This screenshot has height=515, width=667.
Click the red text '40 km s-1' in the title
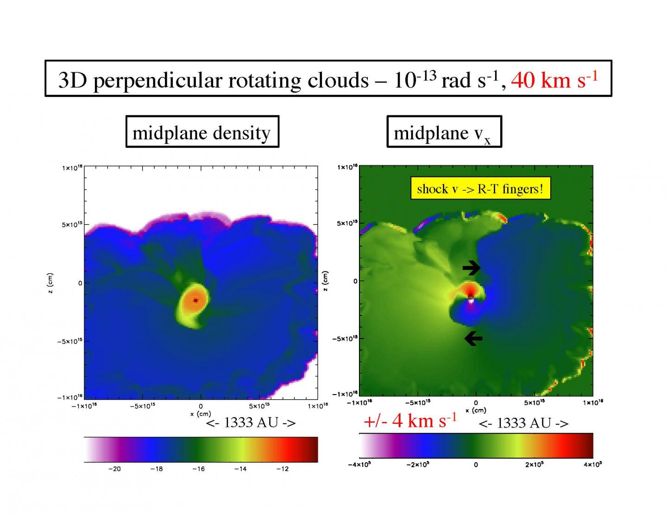[x=554, y=80]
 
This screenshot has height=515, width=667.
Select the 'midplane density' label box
[x=202, y=133]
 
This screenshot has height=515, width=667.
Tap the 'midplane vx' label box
[x=444, y=133]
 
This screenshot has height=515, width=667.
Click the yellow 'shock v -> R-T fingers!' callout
[x=480, y=188]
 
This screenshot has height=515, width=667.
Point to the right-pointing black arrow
[x=472, y=267]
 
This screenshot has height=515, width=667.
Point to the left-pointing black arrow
[x=473, y=339]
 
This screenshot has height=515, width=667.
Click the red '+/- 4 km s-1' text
[x=410, y=421]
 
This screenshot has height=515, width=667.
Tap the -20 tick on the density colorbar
[x=114, y=469]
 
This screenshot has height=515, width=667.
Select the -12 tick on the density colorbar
[x=282, y=469]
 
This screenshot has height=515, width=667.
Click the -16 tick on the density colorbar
[x=198, y=469]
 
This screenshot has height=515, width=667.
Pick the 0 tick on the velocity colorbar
[x=476, y=465]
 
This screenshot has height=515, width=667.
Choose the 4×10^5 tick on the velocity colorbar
[x=592, y=465]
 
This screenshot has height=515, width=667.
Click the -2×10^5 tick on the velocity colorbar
[x=417, y=465]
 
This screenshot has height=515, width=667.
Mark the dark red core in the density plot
[x=195, y=300]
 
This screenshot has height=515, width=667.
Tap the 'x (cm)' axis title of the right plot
[x=476, y=410]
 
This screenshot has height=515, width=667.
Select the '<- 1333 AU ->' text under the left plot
[x=251, y=422]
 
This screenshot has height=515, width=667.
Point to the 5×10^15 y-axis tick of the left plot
[x=72, y=225]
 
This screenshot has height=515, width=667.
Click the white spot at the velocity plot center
[x=471, y=301]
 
